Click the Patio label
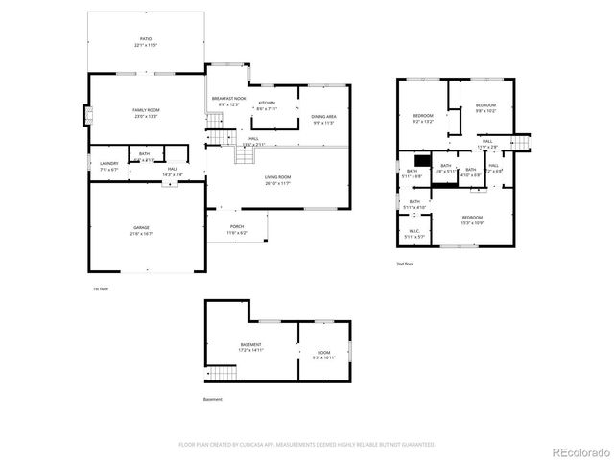tap(144, 42)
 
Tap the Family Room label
tap(146, 112)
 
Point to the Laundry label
tap(108, 165)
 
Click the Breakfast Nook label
tap(228, 101)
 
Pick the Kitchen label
tap(267, 105)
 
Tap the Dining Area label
tap(323, 119)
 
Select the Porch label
tap(236, 228)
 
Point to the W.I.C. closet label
tap(413, 233)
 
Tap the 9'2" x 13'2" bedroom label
tap(423, 119)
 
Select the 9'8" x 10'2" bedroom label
tap(485, 107)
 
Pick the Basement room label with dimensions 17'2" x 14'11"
tap(250, 347)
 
